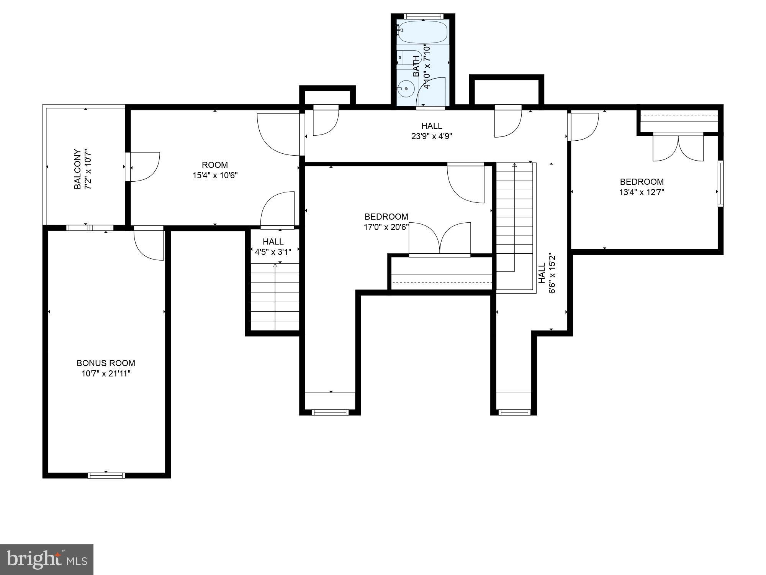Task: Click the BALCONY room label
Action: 77,169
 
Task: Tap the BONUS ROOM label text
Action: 106,363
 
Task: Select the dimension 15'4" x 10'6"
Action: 215,176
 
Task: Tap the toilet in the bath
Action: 408,58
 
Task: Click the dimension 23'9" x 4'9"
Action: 432,136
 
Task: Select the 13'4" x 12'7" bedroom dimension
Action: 642,192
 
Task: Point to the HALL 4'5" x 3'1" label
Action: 273,246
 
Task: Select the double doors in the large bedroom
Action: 440,238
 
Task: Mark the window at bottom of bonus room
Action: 106,475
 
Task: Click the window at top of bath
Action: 424,16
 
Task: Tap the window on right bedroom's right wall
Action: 720,183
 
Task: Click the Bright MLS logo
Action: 46,559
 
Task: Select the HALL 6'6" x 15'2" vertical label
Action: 546,273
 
